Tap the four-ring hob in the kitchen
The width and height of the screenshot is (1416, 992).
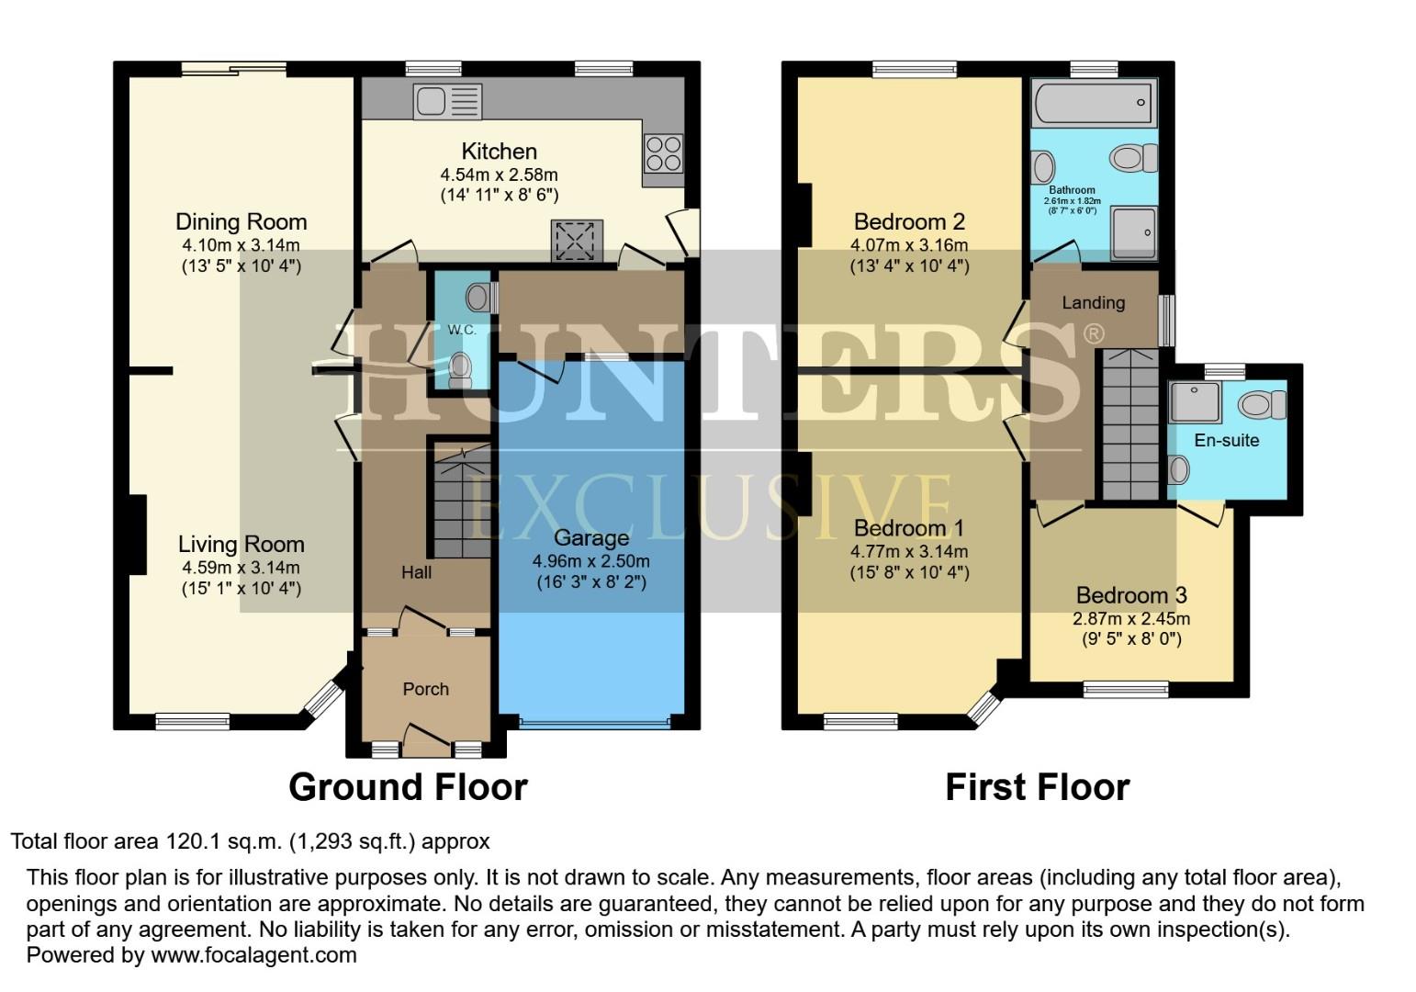[x=662, y=153]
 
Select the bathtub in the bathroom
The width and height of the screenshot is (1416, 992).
[x=1093, y=102]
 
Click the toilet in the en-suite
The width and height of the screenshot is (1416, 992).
[x=1264, y=404]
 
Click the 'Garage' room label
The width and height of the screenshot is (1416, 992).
[x=591, y=538]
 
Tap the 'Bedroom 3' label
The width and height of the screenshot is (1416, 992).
[x=1131, y=595]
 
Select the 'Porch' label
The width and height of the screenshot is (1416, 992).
[x=426, y=689]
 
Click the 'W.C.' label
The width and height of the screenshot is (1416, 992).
[x=461, y=330]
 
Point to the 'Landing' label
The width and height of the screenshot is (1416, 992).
[x=1093, y=302]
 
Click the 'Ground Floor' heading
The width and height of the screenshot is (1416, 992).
[x=408, y=787]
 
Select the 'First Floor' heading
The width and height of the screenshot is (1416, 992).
[x=1037, y=787]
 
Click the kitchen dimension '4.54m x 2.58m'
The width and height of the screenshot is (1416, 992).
[x=499, y=175]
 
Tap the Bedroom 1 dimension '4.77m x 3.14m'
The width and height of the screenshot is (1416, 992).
[x=909, y=552]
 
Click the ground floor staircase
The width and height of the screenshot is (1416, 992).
[x=461, y=503]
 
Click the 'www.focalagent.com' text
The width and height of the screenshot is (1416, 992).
[x=253, y=954]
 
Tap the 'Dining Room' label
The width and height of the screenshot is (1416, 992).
[x=241, y=221]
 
